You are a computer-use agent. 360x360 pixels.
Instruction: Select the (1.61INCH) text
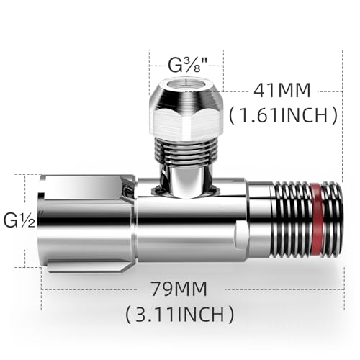[x=283, y=114]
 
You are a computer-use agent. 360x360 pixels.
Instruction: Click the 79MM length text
[x=179, y=289]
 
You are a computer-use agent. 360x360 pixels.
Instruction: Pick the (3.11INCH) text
[x=179, y=314]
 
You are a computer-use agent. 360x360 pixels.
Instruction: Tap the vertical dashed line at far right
[x=338, y=180]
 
